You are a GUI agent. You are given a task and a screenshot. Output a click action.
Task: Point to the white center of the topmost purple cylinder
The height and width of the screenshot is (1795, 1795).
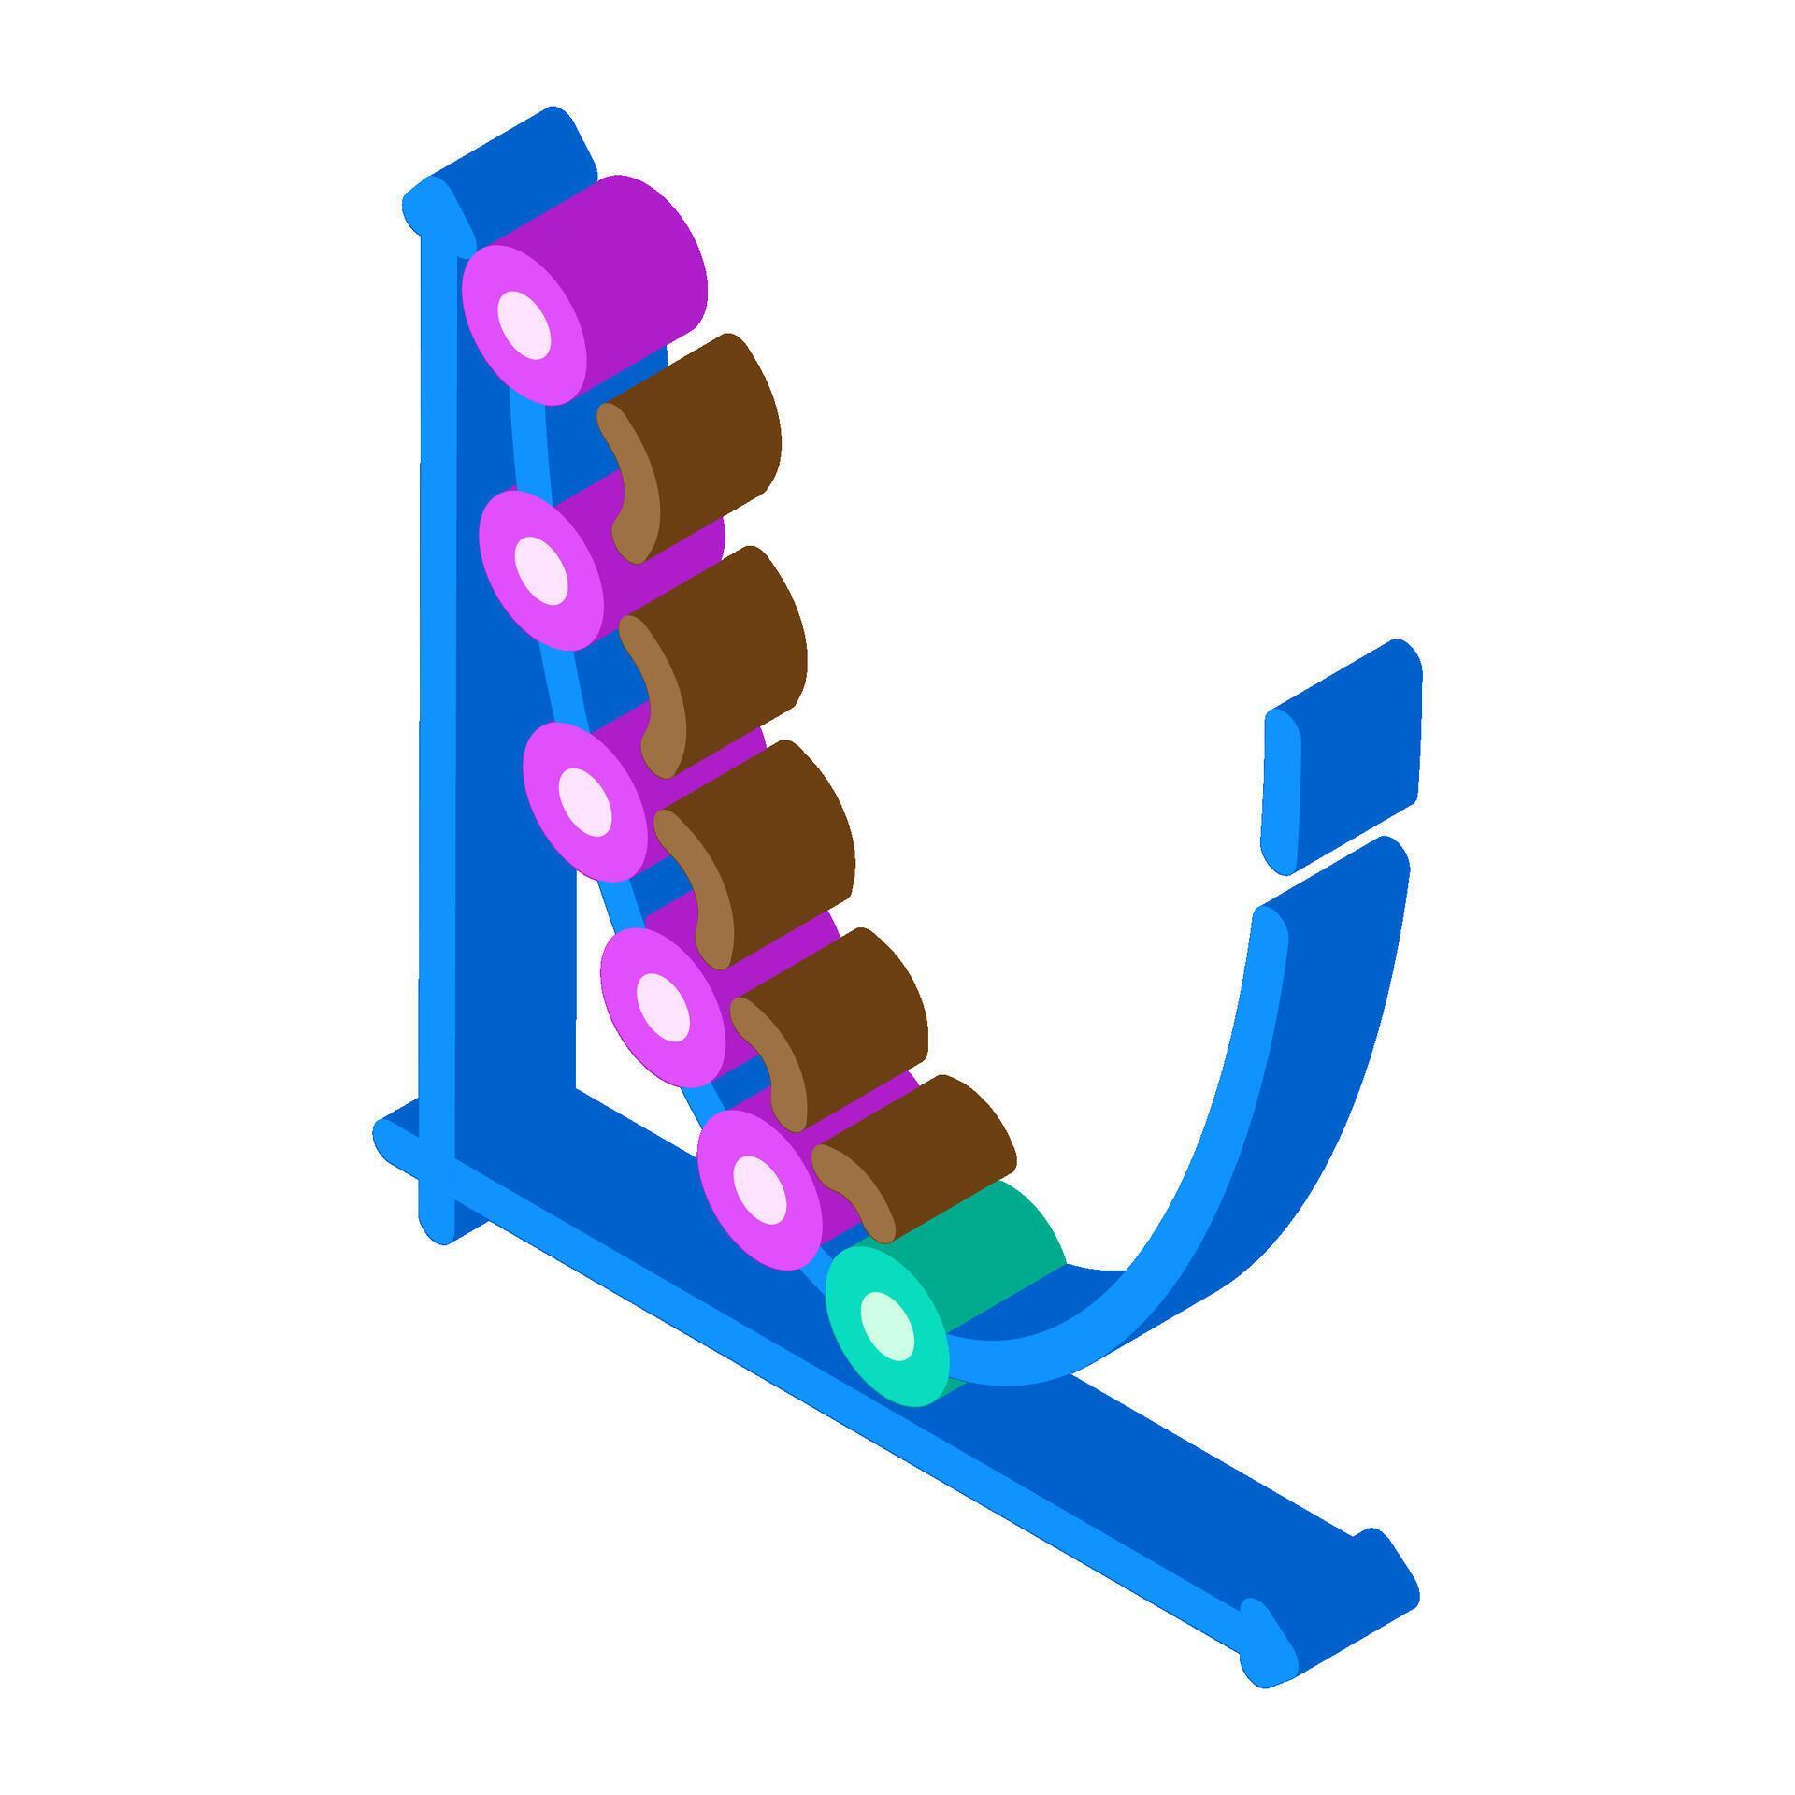pos(524,324)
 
